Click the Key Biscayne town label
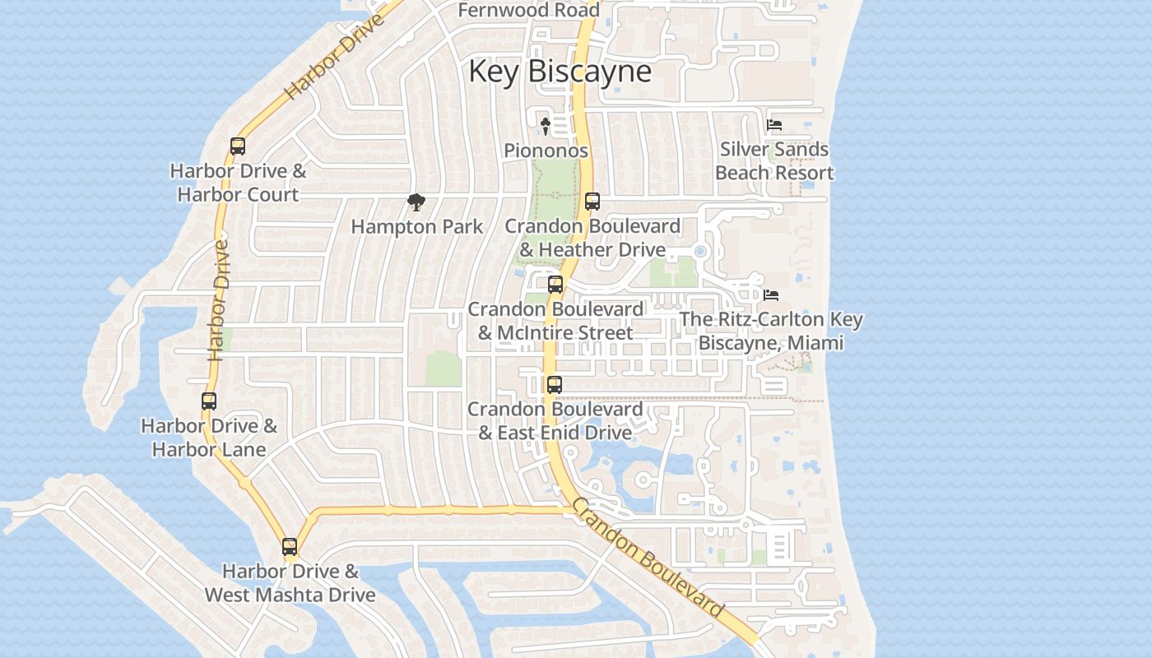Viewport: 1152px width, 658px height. click(560, 71)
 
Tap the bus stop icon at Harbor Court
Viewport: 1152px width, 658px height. click(238, 146)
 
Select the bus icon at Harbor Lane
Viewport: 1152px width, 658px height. click(209, 401)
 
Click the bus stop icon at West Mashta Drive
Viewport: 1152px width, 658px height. click(290, 546)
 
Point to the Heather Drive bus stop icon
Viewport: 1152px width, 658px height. click(592, 201)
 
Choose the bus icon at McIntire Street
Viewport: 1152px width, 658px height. click(555, 285)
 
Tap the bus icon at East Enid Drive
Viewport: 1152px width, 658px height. click(555, 384)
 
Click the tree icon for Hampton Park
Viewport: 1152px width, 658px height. click(416, 202)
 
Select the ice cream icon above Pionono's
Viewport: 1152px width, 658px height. click(545, 125)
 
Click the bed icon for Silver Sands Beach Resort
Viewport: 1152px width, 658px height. click(773, 125)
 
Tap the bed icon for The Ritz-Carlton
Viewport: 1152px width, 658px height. click(771, 294)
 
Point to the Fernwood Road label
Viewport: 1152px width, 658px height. click(528, 11)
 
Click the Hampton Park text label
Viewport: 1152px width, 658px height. click(417, 226)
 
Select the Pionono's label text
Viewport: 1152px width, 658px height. click(546, 151)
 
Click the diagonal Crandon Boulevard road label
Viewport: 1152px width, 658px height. click(648, 557)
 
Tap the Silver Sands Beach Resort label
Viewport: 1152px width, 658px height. click(774, 161)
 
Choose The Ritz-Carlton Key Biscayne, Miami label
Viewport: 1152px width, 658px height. click(771, 331)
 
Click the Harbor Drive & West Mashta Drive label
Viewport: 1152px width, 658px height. click(290, 583)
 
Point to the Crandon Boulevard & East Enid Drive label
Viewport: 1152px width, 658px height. click(555, 420)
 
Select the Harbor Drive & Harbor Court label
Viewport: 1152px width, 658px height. click(238, 183)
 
